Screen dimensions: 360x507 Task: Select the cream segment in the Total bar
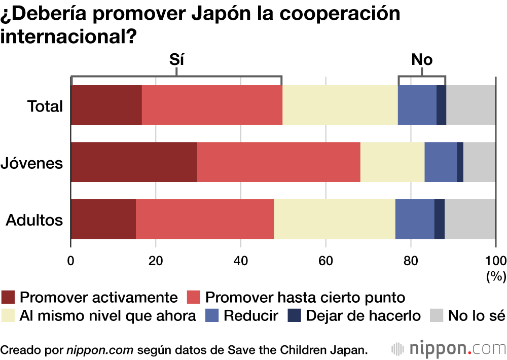340,105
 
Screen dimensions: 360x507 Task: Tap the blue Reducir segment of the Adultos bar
414,219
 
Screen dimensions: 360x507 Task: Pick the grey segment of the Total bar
470,105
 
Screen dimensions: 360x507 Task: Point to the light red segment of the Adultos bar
205,219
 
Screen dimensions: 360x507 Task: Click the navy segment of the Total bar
441,105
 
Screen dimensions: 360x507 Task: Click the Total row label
45,106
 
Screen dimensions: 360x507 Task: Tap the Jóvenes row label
32,163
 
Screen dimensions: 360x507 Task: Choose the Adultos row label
34,221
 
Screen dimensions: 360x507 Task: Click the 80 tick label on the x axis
411,261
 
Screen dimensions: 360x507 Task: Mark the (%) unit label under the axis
496,276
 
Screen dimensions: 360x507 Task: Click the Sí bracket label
176,60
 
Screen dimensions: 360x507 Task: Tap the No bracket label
422,60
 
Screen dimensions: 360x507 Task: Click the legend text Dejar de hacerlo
363,316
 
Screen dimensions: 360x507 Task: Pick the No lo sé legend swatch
437,316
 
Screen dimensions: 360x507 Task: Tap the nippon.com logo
449,349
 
